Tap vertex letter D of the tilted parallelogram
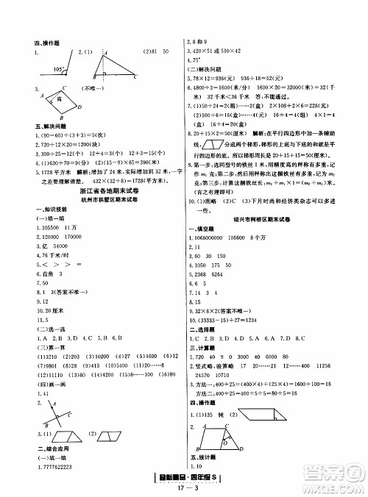79,107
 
